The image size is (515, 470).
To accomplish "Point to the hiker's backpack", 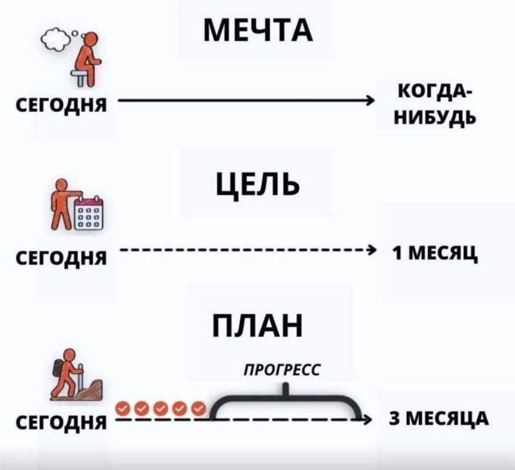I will (x=59, y=367).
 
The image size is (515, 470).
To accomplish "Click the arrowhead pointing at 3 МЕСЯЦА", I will (x=366, y=420).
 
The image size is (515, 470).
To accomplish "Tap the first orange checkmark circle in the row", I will (x=123, y=408).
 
